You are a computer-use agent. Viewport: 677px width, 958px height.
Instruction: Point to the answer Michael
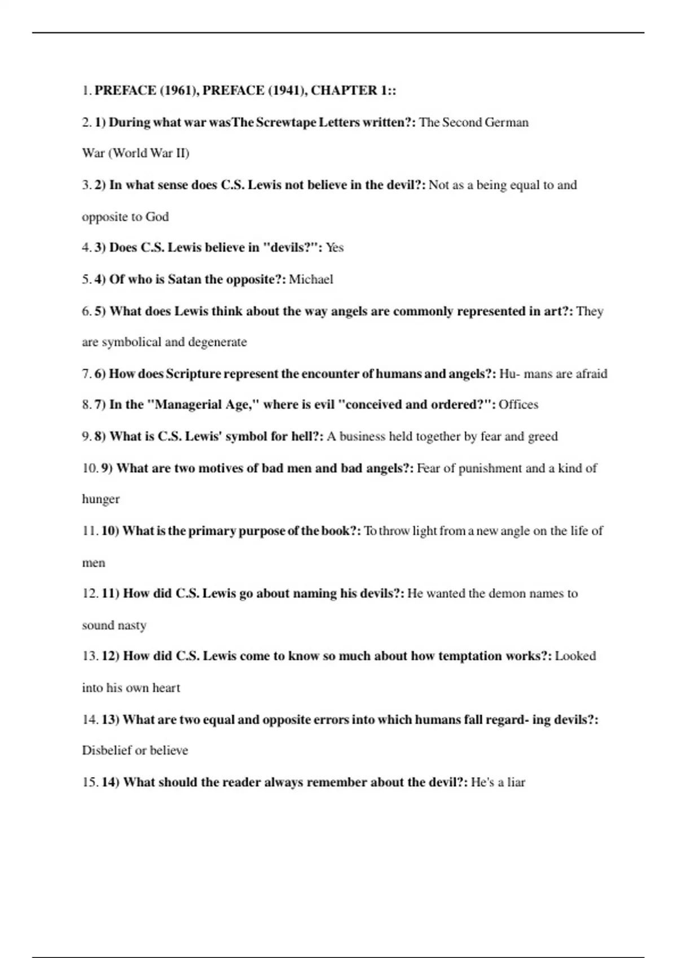coord(311,280)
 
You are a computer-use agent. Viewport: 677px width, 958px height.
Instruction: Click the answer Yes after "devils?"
coord(335,248)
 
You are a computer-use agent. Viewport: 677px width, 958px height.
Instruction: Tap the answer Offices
coord(518,405)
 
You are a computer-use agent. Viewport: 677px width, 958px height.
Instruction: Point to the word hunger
coord(100,500)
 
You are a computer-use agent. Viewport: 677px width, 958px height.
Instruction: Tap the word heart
coord(166,688)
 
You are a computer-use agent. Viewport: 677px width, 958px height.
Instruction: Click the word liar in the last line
coord(516,783)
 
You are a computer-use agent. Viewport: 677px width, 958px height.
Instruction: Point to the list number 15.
coord(90,783)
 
